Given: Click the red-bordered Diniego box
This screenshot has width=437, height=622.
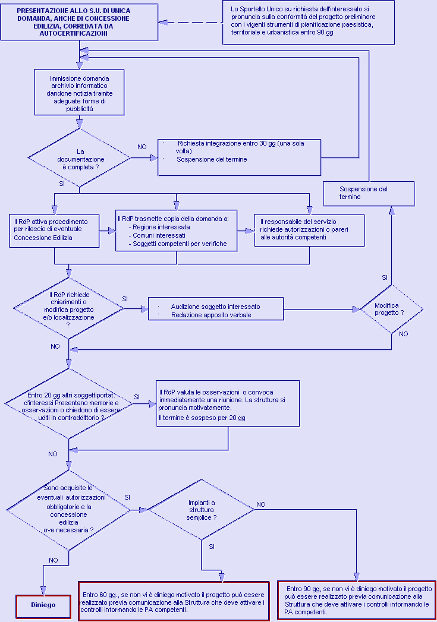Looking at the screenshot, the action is tap(43, 606).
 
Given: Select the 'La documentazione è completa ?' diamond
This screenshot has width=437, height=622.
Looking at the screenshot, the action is tap(80, 158).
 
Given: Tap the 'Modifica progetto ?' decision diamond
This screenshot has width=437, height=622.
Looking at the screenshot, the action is tap(391, 309).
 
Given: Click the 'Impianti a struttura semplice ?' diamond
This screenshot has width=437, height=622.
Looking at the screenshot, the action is tap(201, 510).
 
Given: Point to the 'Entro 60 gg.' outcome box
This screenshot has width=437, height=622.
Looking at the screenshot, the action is tap(174, 601).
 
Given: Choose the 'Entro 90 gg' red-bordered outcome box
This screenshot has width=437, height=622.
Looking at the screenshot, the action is tap(356, 600).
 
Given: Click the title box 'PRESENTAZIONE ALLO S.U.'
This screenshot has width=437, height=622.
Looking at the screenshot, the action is tap(80, 22).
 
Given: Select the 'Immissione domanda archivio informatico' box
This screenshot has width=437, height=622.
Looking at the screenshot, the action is tap(80, 92).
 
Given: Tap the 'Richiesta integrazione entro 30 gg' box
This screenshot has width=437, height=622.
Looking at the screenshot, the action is tap(240, 157).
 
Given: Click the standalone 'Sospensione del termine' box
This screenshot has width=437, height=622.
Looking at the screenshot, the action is tap(369, 194).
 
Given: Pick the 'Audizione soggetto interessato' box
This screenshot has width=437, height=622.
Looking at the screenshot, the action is tap(216, 308).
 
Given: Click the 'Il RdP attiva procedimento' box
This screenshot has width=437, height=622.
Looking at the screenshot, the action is tap(54, 231).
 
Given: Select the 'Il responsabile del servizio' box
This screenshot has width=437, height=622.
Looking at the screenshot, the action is tap(309, 230).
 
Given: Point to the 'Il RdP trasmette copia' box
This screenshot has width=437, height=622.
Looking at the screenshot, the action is tap(176, 231).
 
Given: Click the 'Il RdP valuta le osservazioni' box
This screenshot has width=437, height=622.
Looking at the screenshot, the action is tap(228, 403).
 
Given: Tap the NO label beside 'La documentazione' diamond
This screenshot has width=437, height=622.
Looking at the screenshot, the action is tap(142, 147).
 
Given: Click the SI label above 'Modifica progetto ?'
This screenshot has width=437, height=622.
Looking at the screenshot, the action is tap(384, 277).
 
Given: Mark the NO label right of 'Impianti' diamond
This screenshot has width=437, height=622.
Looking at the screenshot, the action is tap(261, 504).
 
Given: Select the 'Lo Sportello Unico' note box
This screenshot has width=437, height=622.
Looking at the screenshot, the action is tap(309, 22).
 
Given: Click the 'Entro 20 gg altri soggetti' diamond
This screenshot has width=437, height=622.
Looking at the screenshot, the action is tap(69, 404).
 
